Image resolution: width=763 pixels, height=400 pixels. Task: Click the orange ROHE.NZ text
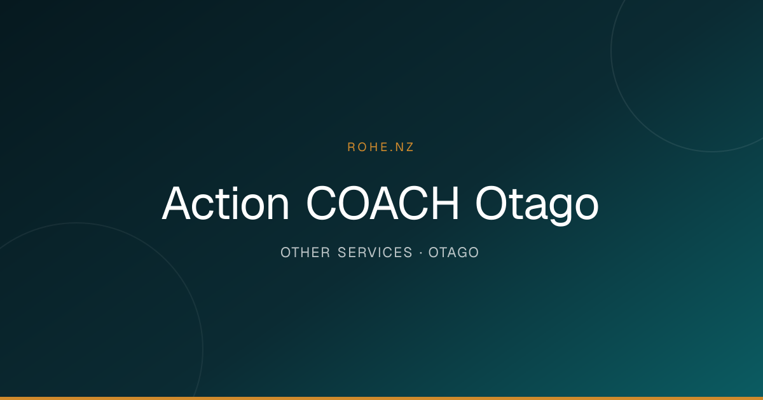point(380,147)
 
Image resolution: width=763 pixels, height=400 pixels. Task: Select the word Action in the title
point(226,203)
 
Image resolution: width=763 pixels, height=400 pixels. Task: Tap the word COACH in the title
point(383,203)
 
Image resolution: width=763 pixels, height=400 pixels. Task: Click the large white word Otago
point(537,206)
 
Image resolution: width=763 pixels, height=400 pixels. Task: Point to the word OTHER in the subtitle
point(305,253)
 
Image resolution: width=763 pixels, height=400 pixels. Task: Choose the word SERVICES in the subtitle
point(375,253)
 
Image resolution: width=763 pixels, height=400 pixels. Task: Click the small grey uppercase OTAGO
point(454,253)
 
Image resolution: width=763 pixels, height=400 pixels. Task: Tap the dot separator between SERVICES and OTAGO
point(421,253)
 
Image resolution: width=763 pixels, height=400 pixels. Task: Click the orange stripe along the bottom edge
point(381,398)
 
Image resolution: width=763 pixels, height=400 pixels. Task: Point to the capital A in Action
point(176,203)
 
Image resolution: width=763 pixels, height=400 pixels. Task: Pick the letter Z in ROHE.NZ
point(409,147)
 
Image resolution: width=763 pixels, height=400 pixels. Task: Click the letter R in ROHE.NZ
point(351,147)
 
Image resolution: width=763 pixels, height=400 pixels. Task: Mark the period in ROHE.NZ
point(390,150)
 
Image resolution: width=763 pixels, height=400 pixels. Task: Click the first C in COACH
point(321,203)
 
